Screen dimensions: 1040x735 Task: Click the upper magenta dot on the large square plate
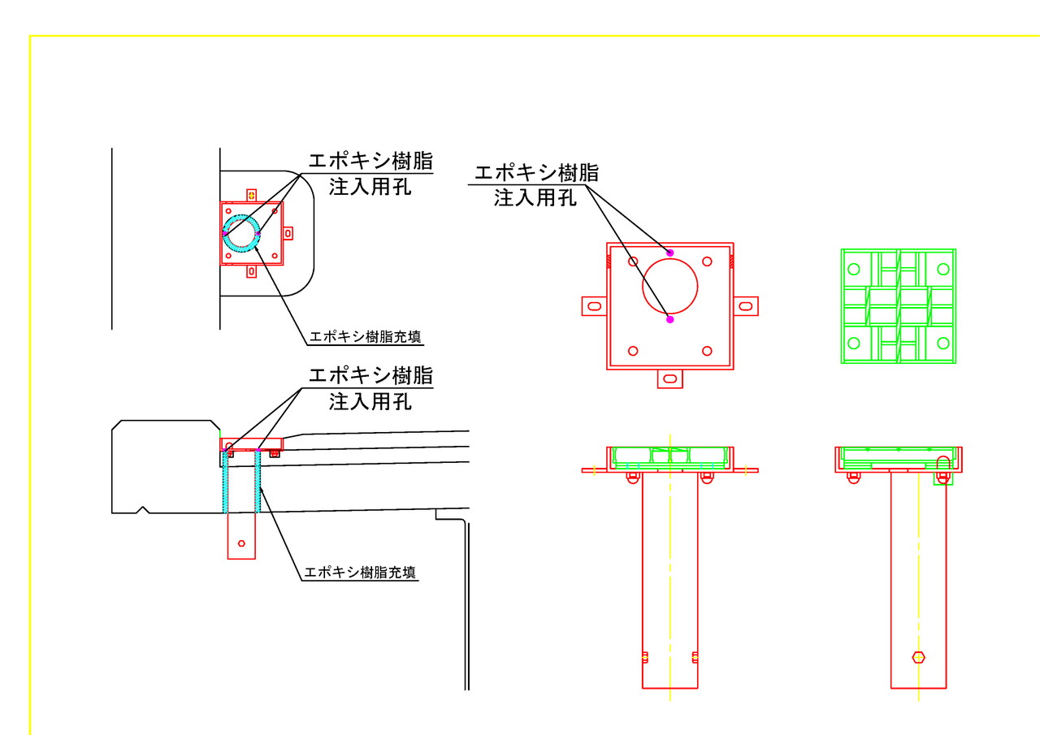point(669,253)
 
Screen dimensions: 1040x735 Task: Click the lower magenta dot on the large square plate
point(669,319)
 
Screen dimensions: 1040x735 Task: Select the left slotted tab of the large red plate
point(594,306)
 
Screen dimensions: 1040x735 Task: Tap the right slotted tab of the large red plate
point(746,306)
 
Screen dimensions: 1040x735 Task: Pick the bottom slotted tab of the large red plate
point(670,378)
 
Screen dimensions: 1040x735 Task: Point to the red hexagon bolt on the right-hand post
point(918,657)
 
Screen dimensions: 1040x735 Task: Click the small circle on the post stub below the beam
point(241,543)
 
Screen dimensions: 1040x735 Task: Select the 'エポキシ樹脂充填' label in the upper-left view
point(365,336)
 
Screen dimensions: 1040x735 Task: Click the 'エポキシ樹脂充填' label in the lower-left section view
point(360,572)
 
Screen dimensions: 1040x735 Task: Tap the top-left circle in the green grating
point(854,269)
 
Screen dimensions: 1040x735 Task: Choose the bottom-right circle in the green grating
point(943,344)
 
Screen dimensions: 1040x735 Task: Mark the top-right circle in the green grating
point(943,269)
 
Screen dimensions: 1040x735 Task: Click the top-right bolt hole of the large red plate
point(707,262)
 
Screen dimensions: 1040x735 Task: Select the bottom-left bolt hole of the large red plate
point(633,352)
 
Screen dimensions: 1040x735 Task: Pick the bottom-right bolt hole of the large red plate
point(707,352)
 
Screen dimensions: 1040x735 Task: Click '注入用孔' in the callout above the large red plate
point(535,198)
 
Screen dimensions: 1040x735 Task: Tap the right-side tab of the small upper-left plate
point(288,233)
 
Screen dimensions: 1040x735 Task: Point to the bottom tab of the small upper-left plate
point(251,271)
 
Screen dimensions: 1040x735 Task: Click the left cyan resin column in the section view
point(226,482)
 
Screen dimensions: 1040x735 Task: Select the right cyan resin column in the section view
point(258,482)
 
